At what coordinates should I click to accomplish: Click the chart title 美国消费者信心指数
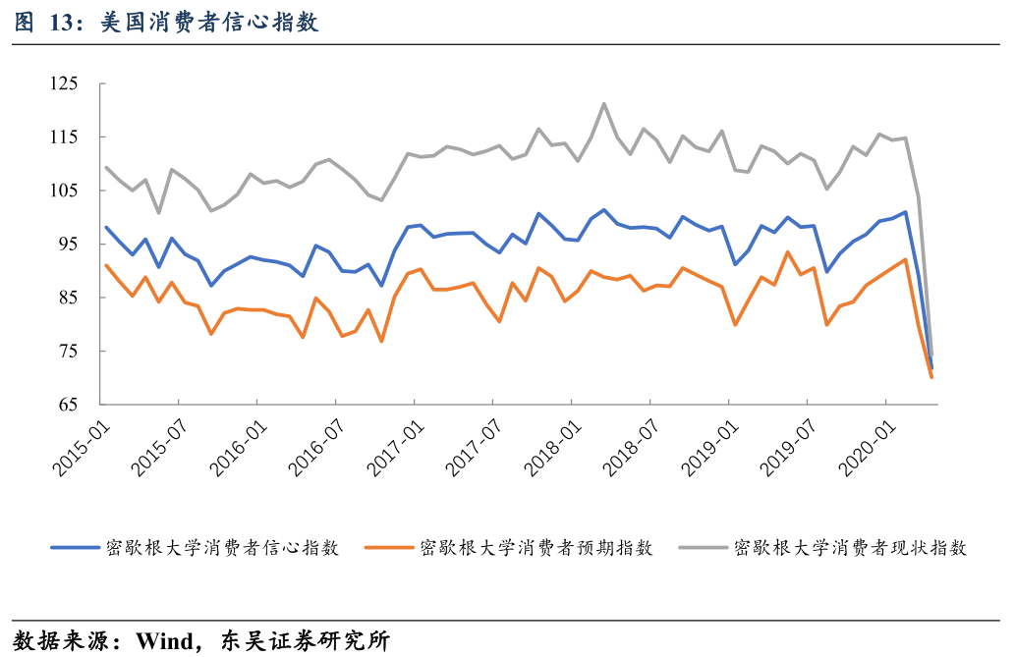coord(210,23)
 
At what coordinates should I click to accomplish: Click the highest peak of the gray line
coord(604,103)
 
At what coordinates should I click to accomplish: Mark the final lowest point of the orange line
coord(930,377)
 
